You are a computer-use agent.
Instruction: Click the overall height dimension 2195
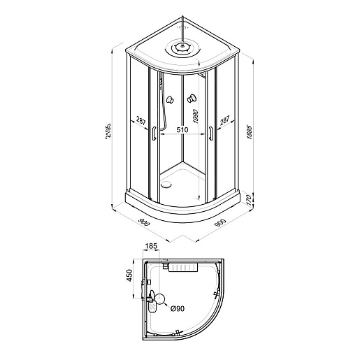108,131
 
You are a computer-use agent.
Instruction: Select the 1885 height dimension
250,132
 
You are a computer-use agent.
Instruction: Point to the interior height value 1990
195,116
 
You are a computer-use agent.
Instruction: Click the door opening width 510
182,130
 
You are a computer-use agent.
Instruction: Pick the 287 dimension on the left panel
141,122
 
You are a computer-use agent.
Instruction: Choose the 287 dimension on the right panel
224,120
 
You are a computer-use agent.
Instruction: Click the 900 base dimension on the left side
144,222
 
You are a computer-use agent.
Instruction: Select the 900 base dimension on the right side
221,223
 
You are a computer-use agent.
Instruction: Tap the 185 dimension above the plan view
151,246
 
